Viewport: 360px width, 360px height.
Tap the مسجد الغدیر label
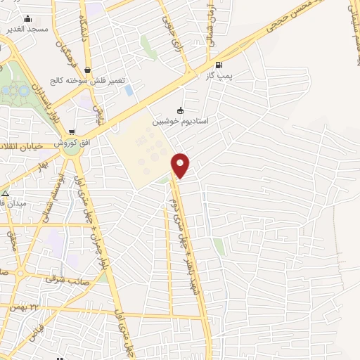(x=26, y=29)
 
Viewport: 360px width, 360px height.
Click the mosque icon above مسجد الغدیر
(x=27, y=19)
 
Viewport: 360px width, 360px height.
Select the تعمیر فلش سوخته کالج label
(x=82, y=80)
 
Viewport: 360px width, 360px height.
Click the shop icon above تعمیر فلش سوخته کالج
(x=87, y=70)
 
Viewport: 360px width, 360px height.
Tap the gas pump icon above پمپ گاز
(x=209, y=64)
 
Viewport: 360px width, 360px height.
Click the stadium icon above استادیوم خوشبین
(x=180, y=110)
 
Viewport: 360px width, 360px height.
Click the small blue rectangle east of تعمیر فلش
(x=128, y=90)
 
